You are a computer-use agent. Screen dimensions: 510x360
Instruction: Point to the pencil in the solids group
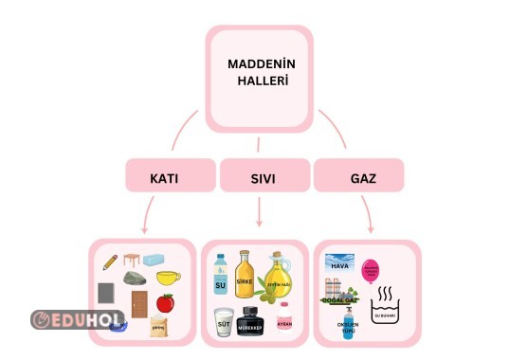coord(111,261)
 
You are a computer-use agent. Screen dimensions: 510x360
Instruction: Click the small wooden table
coord(131,259)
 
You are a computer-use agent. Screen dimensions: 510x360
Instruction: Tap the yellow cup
coord(169,279)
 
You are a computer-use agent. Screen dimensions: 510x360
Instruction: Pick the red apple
coord(165,303)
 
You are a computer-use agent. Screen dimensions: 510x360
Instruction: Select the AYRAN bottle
coord(284,320)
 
